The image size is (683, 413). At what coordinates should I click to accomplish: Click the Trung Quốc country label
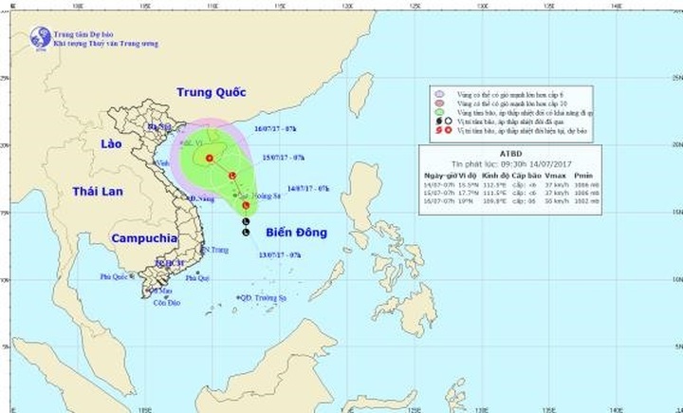tap(211, 92)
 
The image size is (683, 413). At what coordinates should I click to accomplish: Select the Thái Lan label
tap(94, 192)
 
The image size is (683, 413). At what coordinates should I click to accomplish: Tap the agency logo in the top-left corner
tap(40, 37)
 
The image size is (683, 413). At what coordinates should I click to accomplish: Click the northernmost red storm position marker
tap(210, 158)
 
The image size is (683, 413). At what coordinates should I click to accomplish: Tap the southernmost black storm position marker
tap(246, 232)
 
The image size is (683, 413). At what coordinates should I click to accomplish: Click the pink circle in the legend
tap(439, 95)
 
